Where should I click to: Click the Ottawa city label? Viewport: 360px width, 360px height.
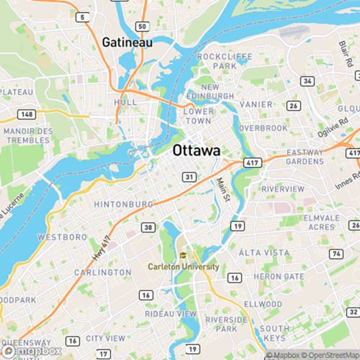pyautogui.click(x=196, y=151)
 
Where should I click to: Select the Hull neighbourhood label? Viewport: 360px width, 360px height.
pyautogui.click(x=125, y=103)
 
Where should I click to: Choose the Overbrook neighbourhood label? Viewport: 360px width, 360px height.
pyautogui.click(x=264, y=127)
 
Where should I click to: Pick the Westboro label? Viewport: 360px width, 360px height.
pyautogui.click(x=62, y=237)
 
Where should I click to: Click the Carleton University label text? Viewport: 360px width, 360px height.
pyautogui.click(x=183, y=266)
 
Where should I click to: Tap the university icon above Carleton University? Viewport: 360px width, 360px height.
pyautogui.click(x=183, y=255)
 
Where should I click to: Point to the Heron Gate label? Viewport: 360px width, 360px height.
pyautogui.click(x=279, y=276)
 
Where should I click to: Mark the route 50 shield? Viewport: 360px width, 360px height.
pyautogui.click(x=143, y=27)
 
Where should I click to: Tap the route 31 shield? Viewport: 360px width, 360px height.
pyautogui.click(x=189, y=176)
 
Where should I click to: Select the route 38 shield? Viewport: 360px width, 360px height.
pyautogui.click(x=148, y=228)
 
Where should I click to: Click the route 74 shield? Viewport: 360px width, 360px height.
pyautogui.click(x=336, y=254)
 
